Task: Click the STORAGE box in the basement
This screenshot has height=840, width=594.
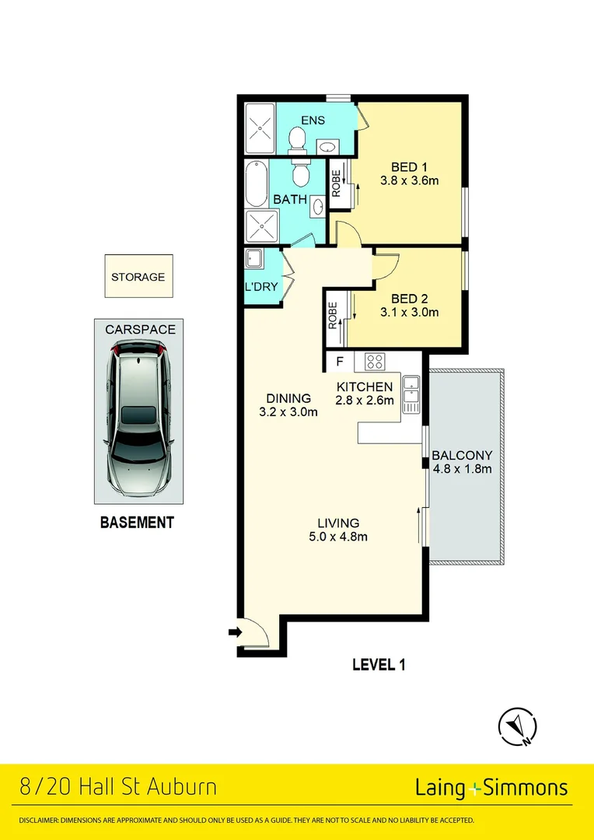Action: [x=138, y=276]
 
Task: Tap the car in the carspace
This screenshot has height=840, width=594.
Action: [x=138, y=418]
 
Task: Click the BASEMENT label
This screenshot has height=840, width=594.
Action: [x=137, y=523]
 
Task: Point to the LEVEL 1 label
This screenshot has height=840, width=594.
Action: [x=379, y=665]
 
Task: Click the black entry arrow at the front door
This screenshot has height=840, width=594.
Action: [x=235, y=632]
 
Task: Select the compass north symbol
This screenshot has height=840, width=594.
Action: [x=517, y=726]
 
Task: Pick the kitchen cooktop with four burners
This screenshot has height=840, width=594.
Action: [x=374, y=362]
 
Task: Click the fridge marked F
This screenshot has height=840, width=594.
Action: [x=340, y=362]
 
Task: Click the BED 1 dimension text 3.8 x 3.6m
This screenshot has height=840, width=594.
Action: [x=409, y=180]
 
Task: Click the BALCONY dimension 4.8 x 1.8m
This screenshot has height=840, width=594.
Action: [x=463, y=469]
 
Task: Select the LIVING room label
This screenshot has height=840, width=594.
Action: [x=338, y=523]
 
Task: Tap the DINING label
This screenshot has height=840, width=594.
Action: [x=288, y=398]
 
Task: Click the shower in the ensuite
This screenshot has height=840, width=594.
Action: [x=260, y=128]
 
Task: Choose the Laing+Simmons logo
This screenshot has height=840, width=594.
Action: [x=491, y=788]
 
